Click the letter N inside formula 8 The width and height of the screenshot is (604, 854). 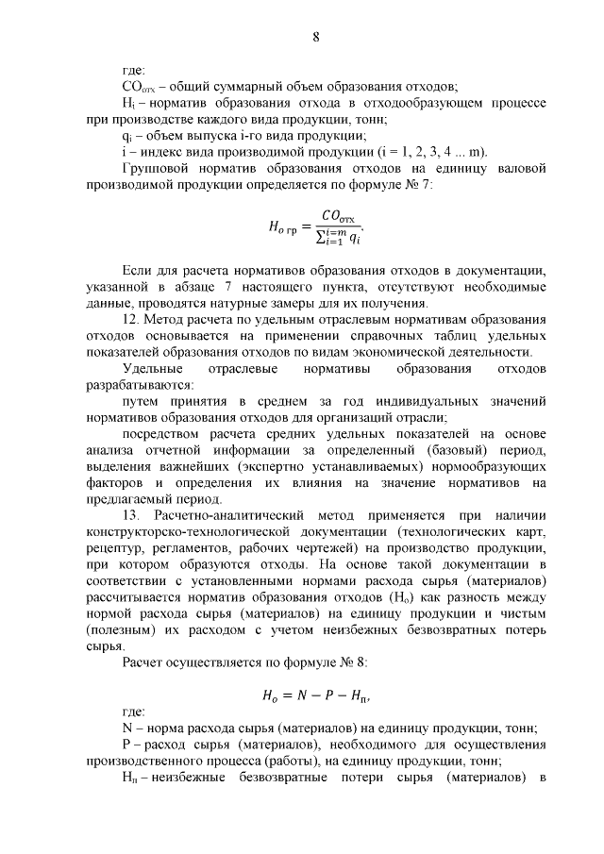coord(300,698)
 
